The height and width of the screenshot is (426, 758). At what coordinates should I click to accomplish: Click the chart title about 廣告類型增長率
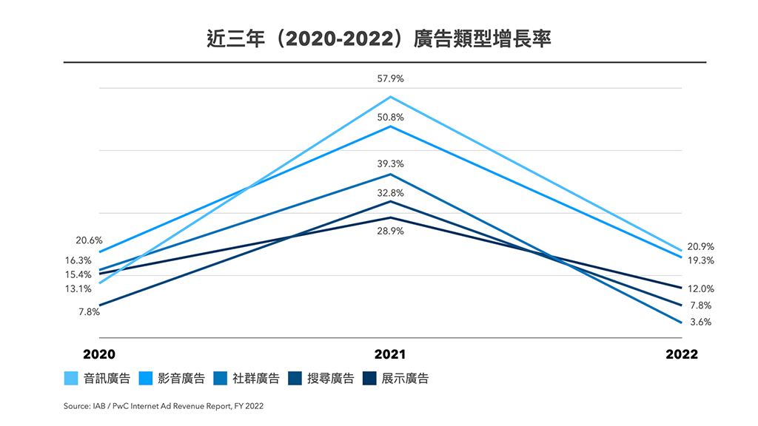tap(378, 38)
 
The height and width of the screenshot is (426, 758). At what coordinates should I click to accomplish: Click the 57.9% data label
tap(390, 78)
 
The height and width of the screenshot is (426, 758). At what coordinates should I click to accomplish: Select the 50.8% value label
tap(390, 117)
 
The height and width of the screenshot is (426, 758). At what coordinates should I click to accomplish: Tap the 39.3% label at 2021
tap(390, 164)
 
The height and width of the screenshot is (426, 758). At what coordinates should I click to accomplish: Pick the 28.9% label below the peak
tap(390, 231)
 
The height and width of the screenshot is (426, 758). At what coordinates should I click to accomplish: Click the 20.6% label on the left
tap(89, 240)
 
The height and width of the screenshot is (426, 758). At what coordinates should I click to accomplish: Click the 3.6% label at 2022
tap(700, 322)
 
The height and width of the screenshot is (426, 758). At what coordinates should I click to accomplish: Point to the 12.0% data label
tap(700, 288)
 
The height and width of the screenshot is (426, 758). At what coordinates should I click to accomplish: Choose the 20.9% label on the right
tap(700, 246)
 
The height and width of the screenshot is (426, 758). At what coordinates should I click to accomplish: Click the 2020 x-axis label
tap(99, 354)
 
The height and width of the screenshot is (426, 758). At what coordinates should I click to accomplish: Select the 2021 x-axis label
tap(389, 354)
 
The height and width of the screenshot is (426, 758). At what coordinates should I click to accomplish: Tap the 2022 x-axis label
tap(681, 354)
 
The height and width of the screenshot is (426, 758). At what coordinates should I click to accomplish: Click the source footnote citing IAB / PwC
tap(163, 406)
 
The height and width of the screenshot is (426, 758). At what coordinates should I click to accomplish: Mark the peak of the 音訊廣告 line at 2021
tap(390, 97)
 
